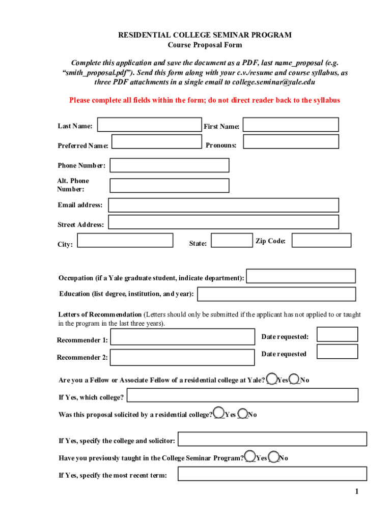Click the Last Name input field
149,125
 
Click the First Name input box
291,125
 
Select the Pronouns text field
291,141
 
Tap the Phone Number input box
169,165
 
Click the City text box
125,240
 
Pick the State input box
231,240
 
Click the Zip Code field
321,240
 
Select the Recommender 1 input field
182,337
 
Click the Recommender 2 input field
182,357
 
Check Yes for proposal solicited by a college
219,412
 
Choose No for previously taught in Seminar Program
274,457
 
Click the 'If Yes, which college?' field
242,395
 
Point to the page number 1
357,491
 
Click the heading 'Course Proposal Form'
205,45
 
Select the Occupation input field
301,276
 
